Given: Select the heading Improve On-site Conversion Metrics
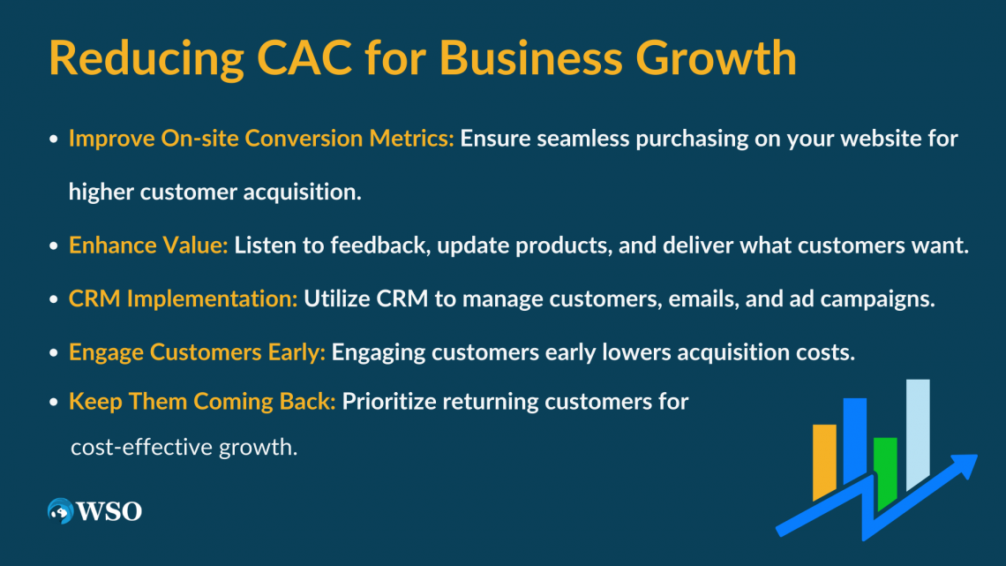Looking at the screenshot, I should [x=261, y=139].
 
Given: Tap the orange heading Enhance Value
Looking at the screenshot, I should [x=148, y=245].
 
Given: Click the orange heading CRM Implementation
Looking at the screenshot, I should [x=183, y=299].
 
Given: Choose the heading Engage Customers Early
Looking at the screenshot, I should [x=197, y=352].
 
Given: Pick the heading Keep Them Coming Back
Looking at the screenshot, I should [x=202, y=401].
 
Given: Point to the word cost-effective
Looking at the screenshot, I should [x=138, y=447].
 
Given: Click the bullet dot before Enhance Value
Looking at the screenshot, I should [x=54, y=246].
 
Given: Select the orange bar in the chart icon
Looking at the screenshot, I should [x=824, y=460].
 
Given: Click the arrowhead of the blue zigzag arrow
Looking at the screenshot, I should [x=965, y=464].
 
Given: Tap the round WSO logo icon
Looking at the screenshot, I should [x=60, y=511].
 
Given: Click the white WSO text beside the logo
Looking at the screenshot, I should [x=109, y=511].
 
